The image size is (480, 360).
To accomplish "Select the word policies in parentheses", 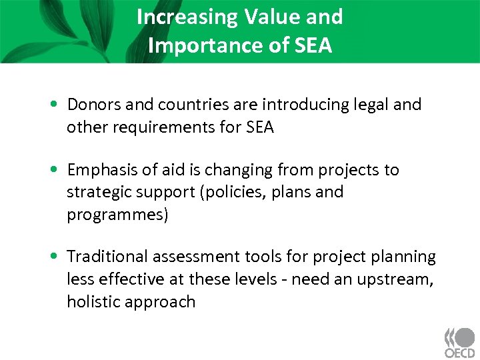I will coord(232,192).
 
